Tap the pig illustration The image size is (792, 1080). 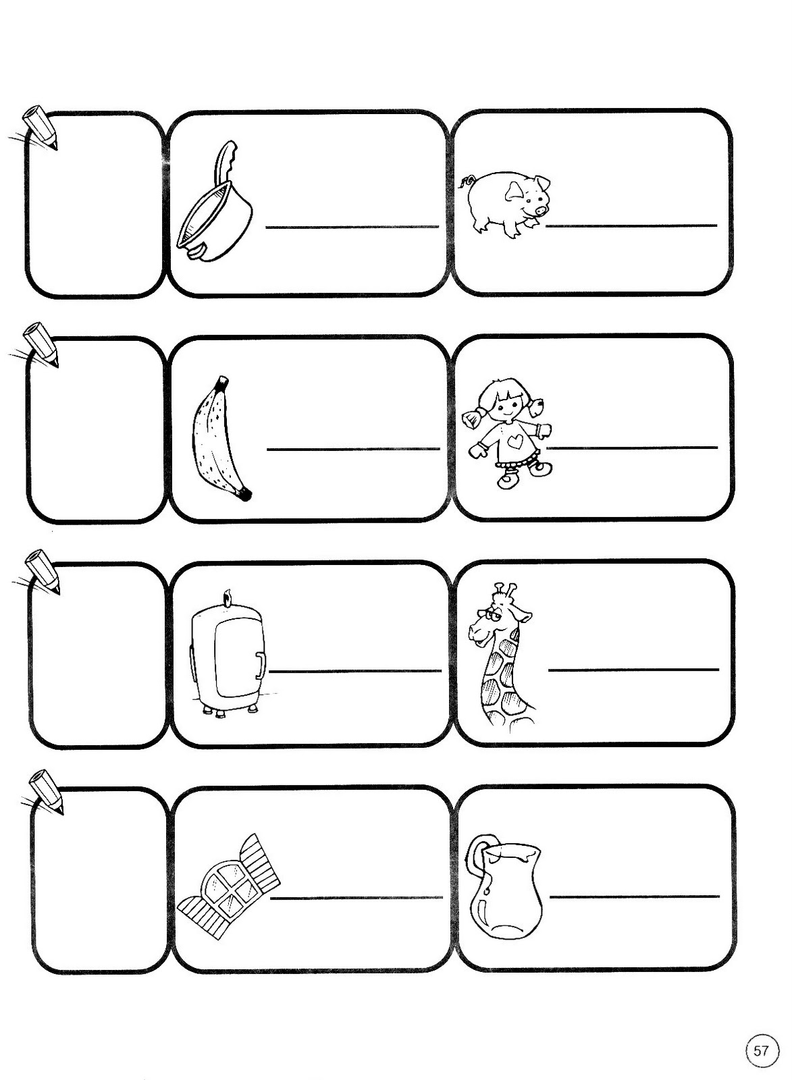(506, 203)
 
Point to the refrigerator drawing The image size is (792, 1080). (228, 655)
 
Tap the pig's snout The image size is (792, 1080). (542, 210)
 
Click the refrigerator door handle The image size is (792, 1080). (261, 666)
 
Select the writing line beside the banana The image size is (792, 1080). (353, 449)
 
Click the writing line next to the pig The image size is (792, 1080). (631, 225)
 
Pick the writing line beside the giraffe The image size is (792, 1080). (634, 669)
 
